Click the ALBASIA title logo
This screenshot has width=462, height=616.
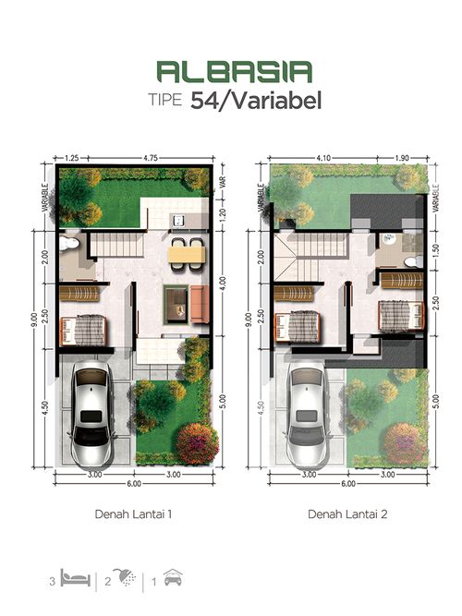coord(235,71)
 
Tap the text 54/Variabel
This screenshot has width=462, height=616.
coord(256,101)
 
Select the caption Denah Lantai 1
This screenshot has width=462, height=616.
coord(133,514)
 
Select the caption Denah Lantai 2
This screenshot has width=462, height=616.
coord(347,514)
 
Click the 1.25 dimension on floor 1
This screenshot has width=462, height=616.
coord(71,158)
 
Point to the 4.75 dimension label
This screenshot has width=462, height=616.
coord(151,158)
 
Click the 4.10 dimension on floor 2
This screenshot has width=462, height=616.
coord(323,158)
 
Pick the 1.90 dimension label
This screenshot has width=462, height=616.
coord(402,158)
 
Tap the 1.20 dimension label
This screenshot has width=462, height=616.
coord(223,214)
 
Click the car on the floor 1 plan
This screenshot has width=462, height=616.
coord(92,414)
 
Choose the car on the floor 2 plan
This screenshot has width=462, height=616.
coord(307,414)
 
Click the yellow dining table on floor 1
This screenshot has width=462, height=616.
coord(187,254)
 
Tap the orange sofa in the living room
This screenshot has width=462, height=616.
coord(200,305)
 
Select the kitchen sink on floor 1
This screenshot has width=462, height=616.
coord(179,221)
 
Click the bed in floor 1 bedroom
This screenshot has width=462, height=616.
coord(83,331)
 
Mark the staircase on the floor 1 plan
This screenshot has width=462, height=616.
coord(116,245)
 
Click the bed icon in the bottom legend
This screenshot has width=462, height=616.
coord(76,578)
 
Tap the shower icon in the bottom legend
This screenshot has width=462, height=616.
coord(124,577)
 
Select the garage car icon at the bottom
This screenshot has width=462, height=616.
coord(173,577)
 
